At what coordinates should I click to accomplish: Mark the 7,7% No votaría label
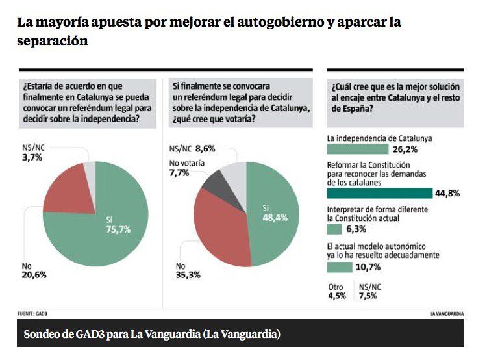[181, 173]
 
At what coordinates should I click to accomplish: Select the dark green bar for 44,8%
[379, 193]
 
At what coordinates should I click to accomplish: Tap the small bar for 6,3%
[334, 229]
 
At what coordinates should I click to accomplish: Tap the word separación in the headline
[53, 40]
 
